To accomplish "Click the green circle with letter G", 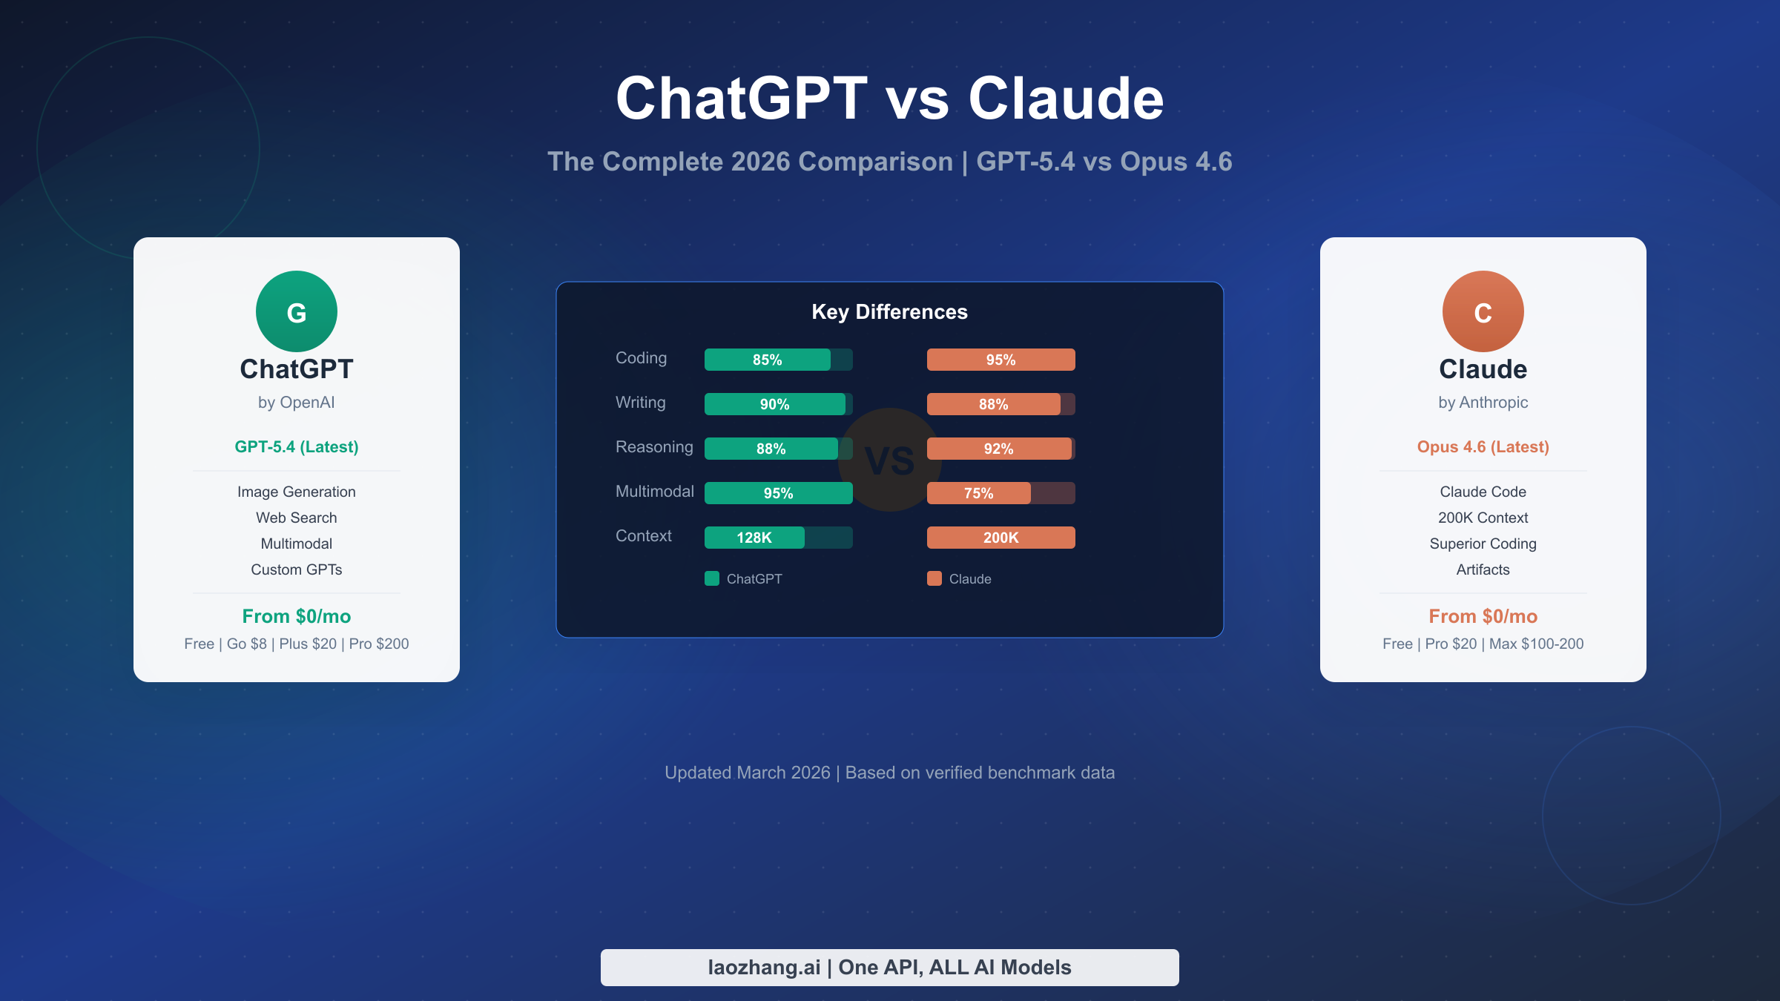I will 297,311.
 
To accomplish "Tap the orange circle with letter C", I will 1483,311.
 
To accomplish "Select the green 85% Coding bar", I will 768,360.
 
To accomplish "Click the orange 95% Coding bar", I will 1001,360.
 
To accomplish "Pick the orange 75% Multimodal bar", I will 979,493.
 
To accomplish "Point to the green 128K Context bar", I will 754,538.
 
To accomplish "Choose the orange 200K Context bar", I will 1001,538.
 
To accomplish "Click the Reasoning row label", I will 654,447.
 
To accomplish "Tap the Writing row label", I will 641,403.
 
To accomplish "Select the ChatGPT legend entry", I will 744,579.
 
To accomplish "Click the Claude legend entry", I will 960,579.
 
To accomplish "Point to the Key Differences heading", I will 889,312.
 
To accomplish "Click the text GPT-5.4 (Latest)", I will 297,447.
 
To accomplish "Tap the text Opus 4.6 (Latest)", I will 1483,447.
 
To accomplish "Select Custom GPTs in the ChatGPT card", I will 297,569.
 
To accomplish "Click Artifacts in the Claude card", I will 1483,569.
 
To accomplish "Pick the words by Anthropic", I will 1483,403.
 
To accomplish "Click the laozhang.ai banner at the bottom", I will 889,968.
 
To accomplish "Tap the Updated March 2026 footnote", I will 889,773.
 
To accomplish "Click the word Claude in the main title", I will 1066,99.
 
